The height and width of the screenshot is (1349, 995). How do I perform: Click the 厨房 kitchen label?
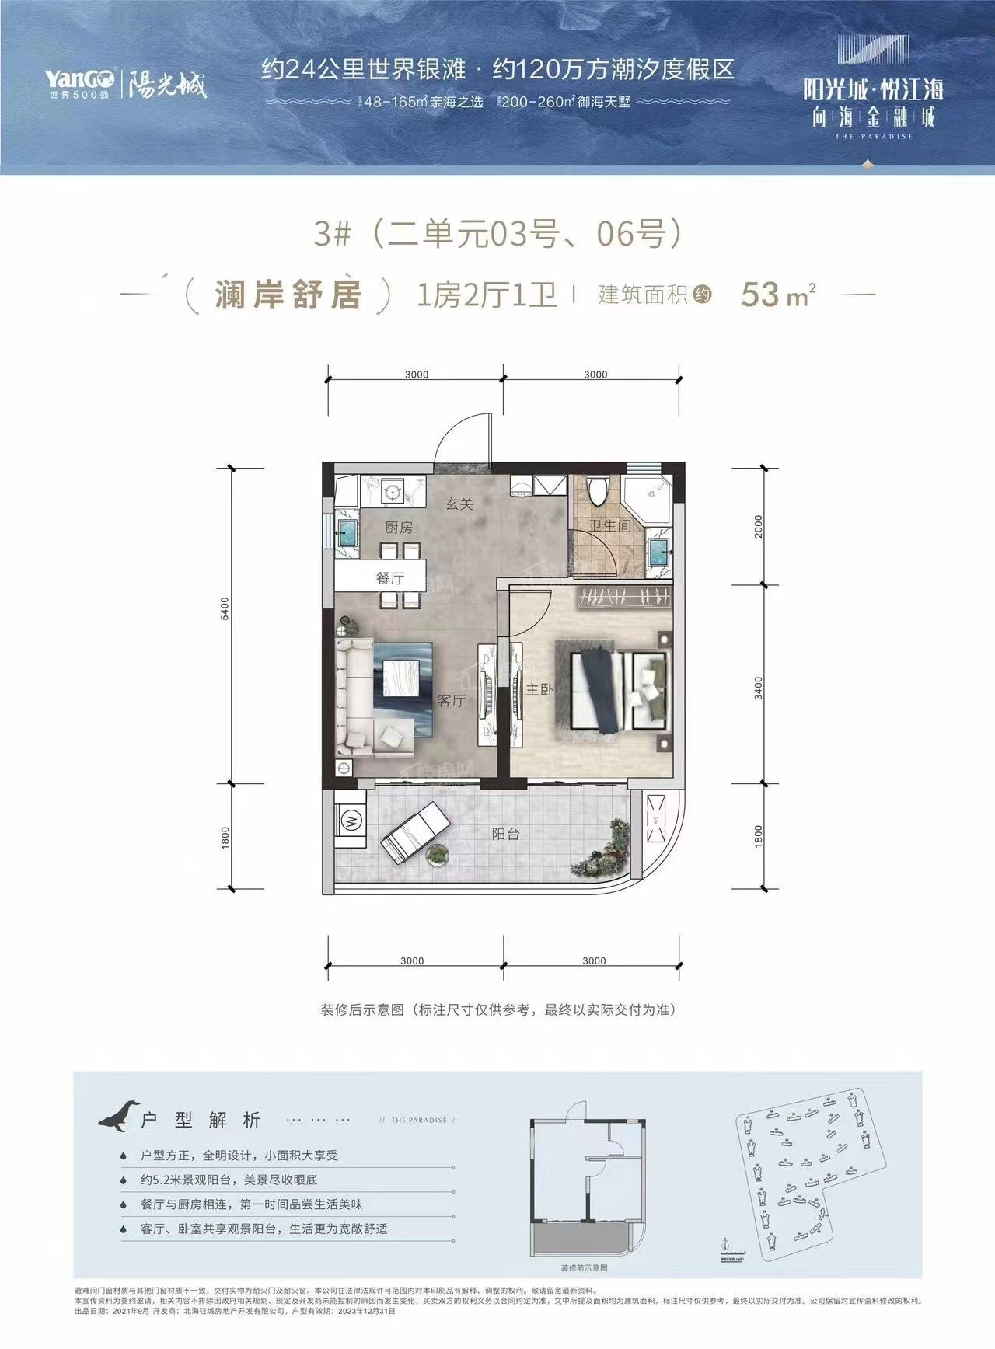coord(399,528)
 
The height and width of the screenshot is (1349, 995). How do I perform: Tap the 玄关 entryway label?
coord(459,504)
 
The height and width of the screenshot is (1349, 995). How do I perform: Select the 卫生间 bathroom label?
coord(610,526)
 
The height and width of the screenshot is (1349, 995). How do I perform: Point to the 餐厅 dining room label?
coord(389,578)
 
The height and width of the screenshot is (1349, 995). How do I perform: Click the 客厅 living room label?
coord(451,701)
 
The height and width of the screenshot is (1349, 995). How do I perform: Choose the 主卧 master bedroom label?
coord(539,689)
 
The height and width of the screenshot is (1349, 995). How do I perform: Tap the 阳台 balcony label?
coord(505,834)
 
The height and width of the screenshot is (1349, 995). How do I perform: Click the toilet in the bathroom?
coord(598,492)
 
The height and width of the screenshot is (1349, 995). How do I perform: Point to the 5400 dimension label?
coord(225,608)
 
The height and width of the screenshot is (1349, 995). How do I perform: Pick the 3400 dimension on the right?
coord(758,687)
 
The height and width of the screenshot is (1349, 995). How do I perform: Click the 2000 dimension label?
coord(758,526)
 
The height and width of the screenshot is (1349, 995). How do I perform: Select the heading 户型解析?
coord(201,1120)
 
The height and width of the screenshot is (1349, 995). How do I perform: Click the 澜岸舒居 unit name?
coord(288,295)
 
